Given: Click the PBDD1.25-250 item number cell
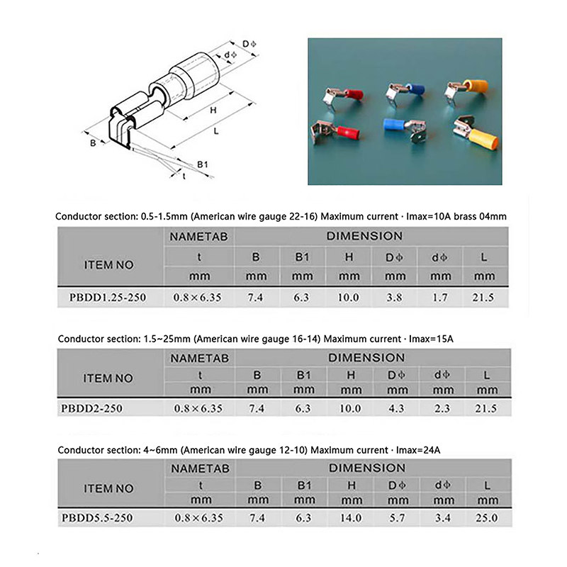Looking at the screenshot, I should click(108, 298).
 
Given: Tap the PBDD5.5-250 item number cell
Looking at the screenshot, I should click(108, 518).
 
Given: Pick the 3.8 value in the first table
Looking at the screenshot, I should click(394, 298).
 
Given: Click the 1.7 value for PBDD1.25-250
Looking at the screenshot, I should click(439, 298).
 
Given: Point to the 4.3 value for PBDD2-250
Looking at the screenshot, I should click(394, 408).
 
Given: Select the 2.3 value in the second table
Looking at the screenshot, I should click(439, 408).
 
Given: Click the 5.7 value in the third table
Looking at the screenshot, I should click(394, 518).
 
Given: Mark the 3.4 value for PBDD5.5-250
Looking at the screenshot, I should click(439, 518).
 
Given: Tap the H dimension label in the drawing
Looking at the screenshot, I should click(213, 110).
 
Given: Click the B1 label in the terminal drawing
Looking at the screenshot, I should click(202, 164).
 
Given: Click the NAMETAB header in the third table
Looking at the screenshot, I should click(199, 468).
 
